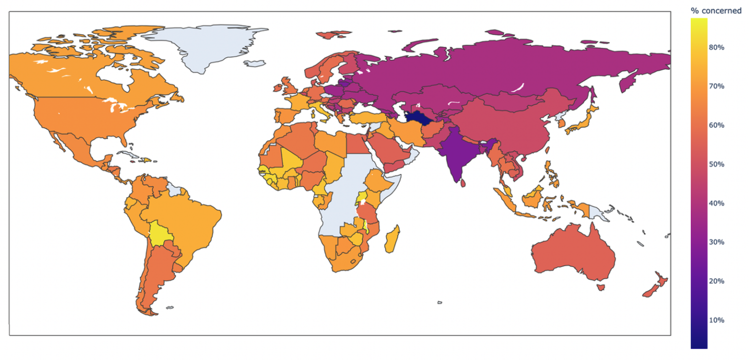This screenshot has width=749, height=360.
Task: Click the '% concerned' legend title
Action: [716, 11]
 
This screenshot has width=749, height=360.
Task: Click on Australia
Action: [573, 254]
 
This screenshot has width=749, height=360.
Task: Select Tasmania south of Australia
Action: [600, 288]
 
